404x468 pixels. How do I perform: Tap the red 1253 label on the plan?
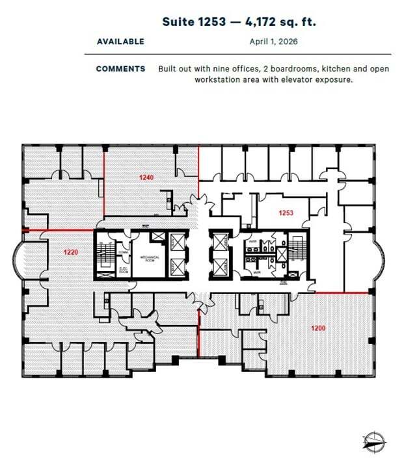[x=286, y=213]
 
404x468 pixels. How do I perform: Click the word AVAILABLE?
[x=120, y=42]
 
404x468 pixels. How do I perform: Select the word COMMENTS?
[x=120, y=68]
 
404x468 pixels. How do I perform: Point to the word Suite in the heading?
[x=178, y=21]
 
